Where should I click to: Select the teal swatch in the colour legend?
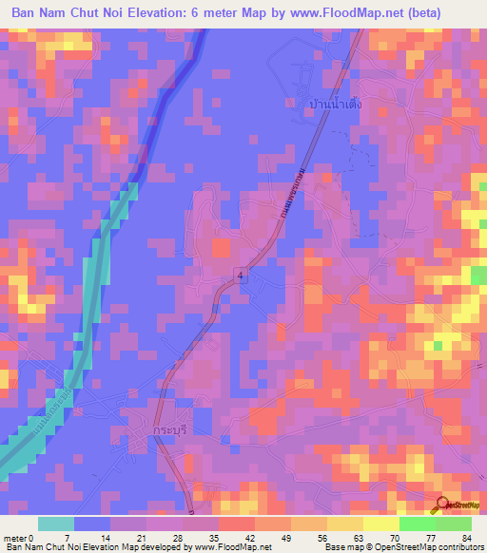[x=56, y=524]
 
